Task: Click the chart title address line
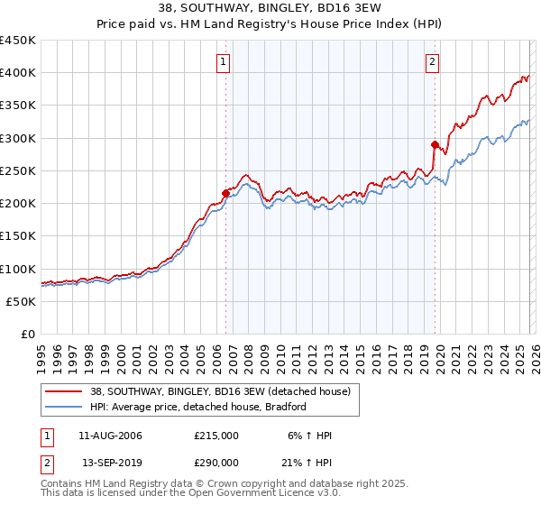[270, 9]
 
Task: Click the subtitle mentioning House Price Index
[270, 24]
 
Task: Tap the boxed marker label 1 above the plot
[223, 62]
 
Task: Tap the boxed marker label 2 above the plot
[433, 62]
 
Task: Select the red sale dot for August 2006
[225, 192]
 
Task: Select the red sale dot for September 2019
[435, 143]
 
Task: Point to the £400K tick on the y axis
[18, 73]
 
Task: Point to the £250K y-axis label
[18, 171]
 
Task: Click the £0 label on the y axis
[27, 335]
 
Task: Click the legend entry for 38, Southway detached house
[225, 391]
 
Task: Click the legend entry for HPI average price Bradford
[198, 407]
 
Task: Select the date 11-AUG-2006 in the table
[110, 436]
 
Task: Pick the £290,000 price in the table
[216, 462]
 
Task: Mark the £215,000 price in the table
[216, 436]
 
